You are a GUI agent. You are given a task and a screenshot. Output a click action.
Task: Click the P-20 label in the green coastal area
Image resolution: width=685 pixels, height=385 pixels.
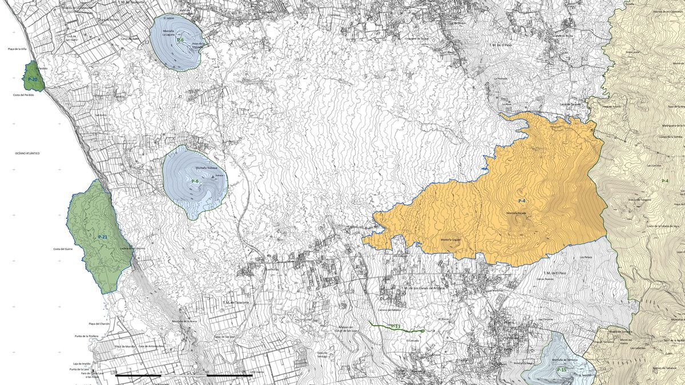click(x=33, y=79)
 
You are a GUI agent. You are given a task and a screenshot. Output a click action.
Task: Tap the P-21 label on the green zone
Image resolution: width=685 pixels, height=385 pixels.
click(x=103, y=237)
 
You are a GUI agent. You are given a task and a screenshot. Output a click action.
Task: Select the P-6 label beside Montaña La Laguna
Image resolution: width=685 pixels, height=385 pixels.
click(x=180, y=40)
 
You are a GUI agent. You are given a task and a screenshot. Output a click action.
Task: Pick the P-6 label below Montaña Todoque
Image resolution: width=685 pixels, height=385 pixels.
click(x=195, y=181)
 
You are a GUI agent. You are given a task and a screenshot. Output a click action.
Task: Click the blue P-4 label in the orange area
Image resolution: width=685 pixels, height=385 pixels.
click(x=522, y=201)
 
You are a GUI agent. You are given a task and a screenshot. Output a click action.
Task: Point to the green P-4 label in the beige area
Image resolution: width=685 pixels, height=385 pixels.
click(x=665, y=181)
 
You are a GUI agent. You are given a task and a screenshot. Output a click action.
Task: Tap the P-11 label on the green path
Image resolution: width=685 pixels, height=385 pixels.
click(x=396, y=326)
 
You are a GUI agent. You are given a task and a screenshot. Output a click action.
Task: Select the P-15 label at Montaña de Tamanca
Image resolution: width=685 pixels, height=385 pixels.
click(x=562, y=370)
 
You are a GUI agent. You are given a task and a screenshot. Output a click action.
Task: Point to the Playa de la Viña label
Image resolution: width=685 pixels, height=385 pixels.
click(x=18, y=49)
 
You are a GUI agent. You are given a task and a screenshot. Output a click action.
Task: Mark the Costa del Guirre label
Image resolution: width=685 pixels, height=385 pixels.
click(x=63, y=249)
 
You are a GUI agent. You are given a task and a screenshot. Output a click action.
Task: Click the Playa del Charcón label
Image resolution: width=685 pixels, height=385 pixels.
click(x=99, y=324)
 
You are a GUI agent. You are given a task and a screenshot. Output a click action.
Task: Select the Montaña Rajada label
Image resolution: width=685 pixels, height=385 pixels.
click(x=516, y=213)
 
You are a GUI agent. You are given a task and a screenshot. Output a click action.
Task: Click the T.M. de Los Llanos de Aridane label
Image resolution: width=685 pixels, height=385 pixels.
click(x=422, y=288)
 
